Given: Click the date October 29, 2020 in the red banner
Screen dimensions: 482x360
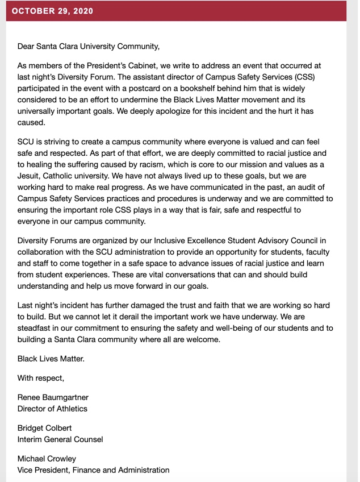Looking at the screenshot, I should pos(53,11).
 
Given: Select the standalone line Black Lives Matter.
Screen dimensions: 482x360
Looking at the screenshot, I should pos(51,359).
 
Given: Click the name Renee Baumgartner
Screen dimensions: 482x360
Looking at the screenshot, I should pos(53,397).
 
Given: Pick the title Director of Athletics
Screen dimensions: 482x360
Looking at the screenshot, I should pos(52,409).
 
